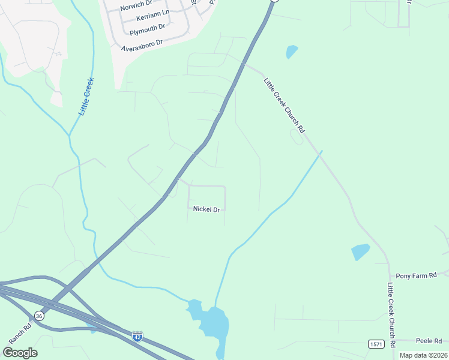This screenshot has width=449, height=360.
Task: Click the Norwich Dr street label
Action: [x=137, y=7]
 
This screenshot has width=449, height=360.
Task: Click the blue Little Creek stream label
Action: [x=86, y=96]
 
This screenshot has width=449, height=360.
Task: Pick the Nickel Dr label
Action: [x=206, y=209]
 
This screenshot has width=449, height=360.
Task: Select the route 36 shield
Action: [x=39, y=316]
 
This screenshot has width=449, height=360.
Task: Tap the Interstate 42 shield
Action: [x=138, y=335]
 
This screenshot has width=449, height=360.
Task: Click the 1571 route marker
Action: [x=376, y=343]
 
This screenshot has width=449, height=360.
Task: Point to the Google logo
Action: [x=20, y=353]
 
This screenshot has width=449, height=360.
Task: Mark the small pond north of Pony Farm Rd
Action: [x=361, y=252]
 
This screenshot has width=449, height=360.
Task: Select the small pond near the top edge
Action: [x=292, y=52]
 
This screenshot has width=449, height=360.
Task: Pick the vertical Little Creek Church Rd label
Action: [x=391, y=315]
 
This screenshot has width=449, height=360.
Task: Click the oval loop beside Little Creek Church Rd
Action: [x=297, y=137]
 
